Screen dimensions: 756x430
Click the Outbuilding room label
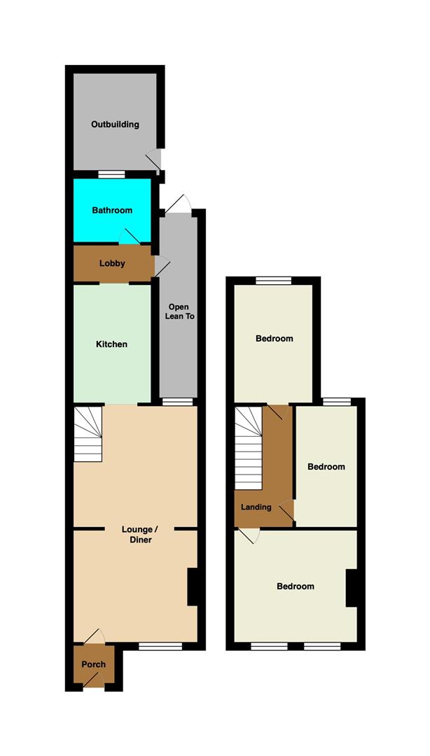click(x=115, y=125)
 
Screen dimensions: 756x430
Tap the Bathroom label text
click(x=112, y=210)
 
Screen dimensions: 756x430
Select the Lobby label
click(x=112, y=264)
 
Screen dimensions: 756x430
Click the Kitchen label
click(x=112, y=344)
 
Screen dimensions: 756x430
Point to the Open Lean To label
click(x=177, y=312)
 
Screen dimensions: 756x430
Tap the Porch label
click(x=93, y=664)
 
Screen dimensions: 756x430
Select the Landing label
click(x=256, y=507)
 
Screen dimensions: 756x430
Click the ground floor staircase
click(x=88, y=435)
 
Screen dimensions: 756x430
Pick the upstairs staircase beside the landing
click(x=248, y=448)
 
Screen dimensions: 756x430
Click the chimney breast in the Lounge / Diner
click(x=193, y=586)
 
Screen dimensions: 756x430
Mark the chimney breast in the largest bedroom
click(x=352, y=588)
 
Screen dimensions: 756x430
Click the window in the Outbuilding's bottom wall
click(x=111, y=174)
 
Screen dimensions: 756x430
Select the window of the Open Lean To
click(x=178, y=402)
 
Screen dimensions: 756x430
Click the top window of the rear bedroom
click(x=273, y=281)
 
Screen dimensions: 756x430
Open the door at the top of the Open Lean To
click(x=179, y=203)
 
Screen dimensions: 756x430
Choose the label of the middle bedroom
click(x=326, y=467)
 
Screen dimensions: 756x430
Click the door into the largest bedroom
click(x=249, y=535)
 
